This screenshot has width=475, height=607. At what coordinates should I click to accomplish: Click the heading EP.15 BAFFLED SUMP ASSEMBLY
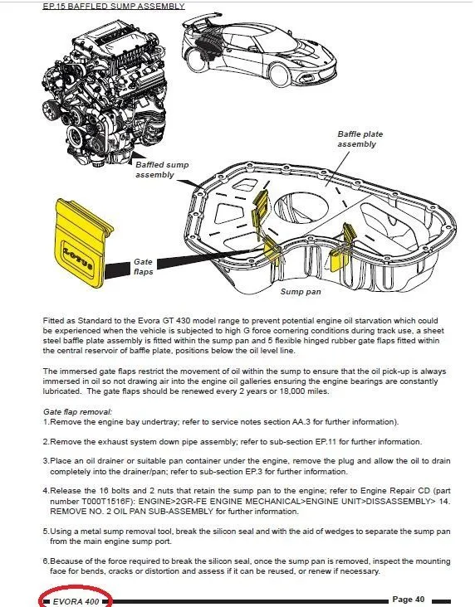click(114, 6)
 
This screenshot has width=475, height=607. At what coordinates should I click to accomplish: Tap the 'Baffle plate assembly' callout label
click(360, 139)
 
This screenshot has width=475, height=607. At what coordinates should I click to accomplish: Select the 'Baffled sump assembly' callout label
click(162, 169)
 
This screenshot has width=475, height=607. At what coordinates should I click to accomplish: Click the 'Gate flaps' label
click(143, 267)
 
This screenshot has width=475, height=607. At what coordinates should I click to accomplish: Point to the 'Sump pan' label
click(301, 292)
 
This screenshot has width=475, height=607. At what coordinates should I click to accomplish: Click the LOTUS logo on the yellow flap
click(78, 257)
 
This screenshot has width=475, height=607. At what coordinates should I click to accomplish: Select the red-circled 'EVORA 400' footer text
click(76, 601)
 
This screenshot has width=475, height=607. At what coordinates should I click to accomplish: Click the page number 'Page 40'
click(408, 600)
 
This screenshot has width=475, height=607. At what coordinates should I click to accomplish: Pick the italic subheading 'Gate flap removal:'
click(77, 411)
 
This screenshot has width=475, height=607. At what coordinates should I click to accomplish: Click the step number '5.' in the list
click(47, 531)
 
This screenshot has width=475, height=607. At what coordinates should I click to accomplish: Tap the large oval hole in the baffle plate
click(301, 206)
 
